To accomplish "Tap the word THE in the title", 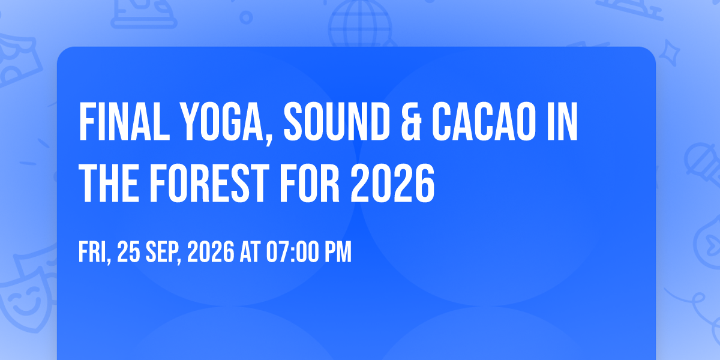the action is click(x=109, y=183).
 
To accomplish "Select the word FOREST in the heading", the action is click(x=209, y=183).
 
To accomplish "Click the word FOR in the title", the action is click(x=310, y=183).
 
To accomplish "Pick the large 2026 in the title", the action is click(x=392, y=183).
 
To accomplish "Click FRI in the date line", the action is click(x=95, y=253).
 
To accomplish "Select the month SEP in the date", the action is click(x=163, y=253).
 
